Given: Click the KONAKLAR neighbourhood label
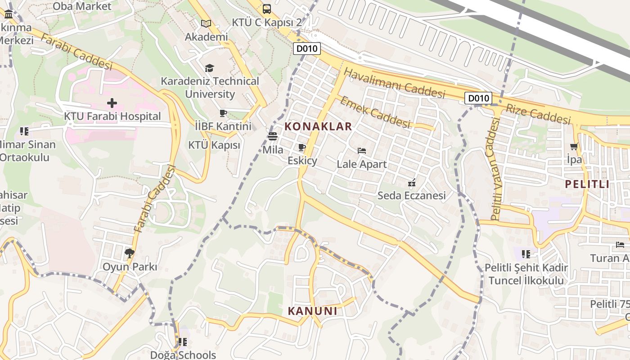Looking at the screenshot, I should (x=318, y=126).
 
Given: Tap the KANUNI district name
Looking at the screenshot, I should (x=312, y=311).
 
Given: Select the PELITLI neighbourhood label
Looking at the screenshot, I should (x=587, y=184).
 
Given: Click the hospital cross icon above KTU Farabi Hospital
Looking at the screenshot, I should (x=112, y=103).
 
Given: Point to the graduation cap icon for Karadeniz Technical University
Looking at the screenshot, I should (x=209, y=68).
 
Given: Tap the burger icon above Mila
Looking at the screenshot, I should (x=273, y=136).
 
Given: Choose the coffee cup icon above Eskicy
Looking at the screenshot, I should (x=302, y=148).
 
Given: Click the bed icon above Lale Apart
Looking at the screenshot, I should (x=362, y=151).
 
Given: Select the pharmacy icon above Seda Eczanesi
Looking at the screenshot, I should (x=411, y=183).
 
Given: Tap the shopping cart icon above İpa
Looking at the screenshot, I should (x=574, y=146).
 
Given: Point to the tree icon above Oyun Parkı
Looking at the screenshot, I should (x=130, y=253).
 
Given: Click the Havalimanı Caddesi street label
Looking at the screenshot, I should (x=394, y=83).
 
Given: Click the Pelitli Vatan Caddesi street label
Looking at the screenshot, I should (x=495, y=169).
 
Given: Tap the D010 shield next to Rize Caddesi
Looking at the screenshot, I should (x=478, y=98).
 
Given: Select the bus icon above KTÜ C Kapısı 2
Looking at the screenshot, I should (x=266, y=8).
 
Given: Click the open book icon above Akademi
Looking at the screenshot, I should (x=206, y=23).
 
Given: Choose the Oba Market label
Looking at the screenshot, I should (x=82, y=6).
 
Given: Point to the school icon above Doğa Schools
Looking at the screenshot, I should (x=182, y=342).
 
